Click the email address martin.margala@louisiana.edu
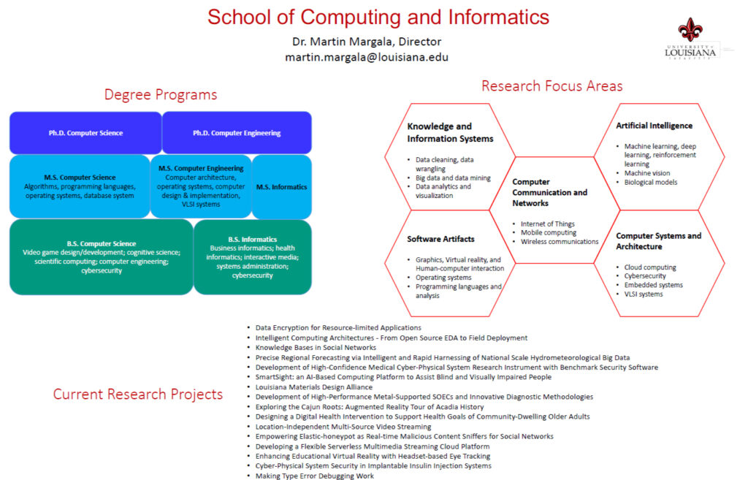[367, 57]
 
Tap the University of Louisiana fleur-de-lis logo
[690, 29]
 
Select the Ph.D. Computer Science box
[86, 133]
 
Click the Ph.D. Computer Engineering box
[237, 133]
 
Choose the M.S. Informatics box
[282, 187]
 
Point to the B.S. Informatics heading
[252, 240]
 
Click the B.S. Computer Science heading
[101, 244]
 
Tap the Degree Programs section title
[161, 94]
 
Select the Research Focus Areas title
[552, 86]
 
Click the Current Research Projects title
[138, 394]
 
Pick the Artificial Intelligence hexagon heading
[654, 126]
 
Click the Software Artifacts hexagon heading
[440, 239]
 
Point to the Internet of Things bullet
[548, 224]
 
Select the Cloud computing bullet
[650, 267]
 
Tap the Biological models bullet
[651, 182]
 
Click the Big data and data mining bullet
[453, 178]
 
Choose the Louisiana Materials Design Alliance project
[314, 387]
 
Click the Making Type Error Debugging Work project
[314, 476]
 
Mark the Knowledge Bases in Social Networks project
[316, 348]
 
